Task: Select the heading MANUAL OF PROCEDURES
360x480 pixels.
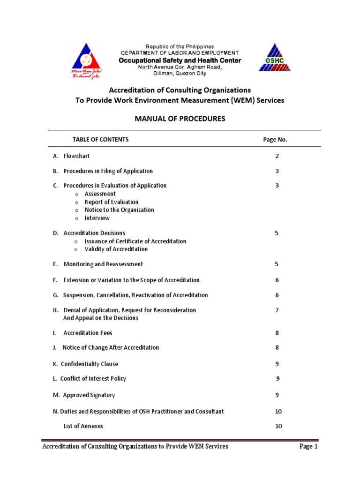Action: (180, 119)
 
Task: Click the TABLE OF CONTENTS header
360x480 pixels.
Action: (100, 140)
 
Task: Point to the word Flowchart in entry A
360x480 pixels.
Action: (76, 156)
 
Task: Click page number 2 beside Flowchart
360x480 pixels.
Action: (277, 156)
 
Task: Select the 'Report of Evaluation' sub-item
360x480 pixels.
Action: (112, 202)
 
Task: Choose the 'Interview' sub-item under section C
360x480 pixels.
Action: (97, 218)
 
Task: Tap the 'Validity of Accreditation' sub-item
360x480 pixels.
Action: (116, 249)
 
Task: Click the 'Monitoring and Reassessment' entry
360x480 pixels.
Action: (103, 264)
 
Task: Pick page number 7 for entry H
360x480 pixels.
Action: (277, 310)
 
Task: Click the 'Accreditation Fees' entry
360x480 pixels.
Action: (88, 333)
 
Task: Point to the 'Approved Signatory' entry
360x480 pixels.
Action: (89, 395)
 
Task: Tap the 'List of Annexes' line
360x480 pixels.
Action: (83, 426)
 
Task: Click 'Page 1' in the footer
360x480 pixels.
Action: (308, 447)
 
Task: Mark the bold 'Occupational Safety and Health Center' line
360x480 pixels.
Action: (180, 60)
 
